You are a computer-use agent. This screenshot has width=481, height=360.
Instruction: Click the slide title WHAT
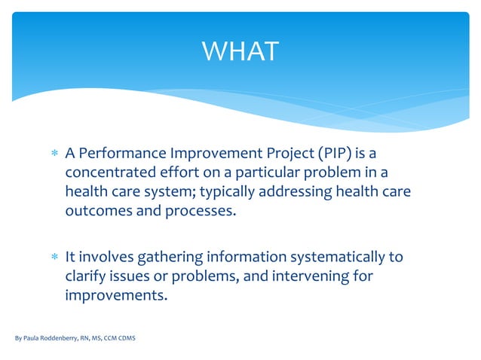tap(240, 51)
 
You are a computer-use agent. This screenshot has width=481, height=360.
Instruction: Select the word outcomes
tap(95, 210)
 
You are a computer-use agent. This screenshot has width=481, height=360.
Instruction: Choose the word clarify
tap(87, 276)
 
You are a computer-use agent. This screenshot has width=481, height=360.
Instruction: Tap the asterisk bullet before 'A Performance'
tap(54, 155)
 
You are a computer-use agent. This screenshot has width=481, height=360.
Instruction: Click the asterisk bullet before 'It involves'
tap(54, 258)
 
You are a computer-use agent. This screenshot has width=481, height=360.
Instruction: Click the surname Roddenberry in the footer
tap(63, 338)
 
